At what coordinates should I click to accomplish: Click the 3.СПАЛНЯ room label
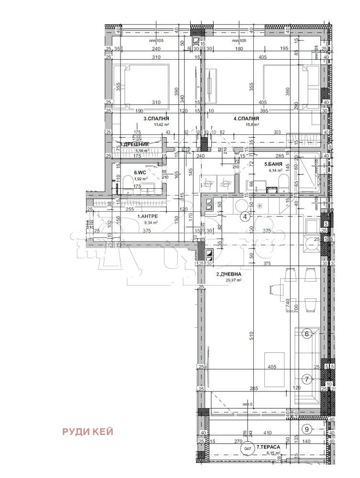click(x=156, y=118)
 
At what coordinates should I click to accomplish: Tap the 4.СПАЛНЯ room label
click(x=246, y=118)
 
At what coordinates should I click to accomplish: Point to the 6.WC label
click(x=140, y=173)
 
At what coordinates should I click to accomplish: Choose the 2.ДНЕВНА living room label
click(x=229, y=274)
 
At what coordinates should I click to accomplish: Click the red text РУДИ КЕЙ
click(x=87, y=432)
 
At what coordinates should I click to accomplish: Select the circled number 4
click(x=245, y=217)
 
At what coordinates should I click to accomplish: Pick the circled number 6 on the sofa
click(x=307, y=334)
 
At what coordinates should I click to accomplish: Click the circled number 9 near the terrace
click(x=307, y=428)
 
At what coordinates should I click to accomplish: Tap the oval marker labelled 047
click(x=247, y=449)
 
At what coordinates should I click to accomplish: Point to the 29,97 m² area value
click(x=232, y=281)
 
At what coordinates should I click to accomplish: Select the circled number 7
click(x=307, y=379)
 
